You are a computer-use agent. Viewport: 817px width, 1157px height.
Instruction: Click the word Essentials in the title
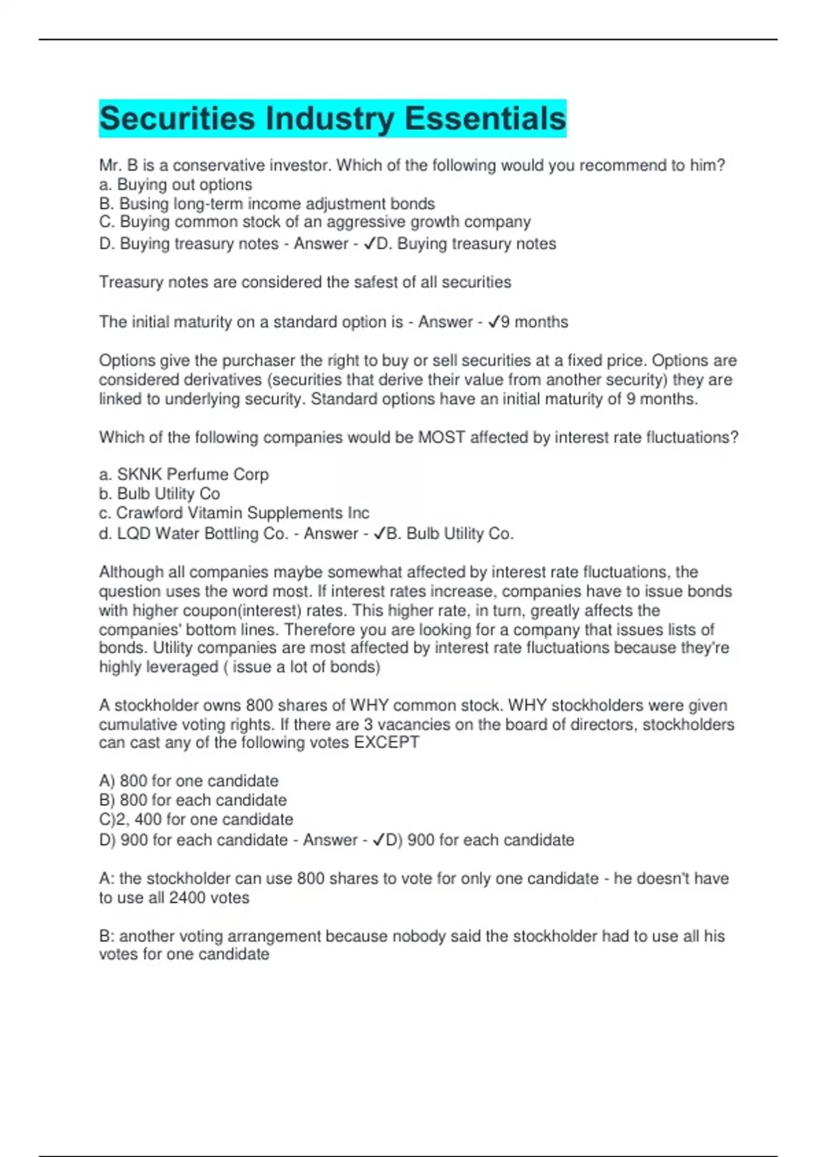(485, 119)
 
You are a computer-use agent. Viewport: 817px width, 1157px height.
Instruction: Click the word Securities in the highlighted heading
(177, 119)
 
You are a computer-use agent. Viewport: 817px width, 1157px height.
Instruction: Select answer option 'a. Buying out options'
(176, 184)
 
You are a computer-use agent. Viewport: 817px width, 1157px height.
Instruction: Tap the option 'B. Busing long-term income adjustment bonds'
(267, 203)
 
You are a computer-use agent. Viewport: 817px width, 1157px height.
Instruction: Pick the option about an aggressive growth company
(315, 222)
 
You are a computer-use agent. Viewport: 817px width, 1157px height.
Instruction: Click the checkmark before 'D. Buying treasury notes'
(369, 244)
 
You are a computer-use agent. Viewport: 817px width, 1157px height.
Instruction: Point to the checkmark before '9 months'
(494, 322)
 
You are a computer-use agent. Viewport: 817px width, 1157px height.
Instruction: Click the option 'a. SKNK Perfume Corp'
(184, 474)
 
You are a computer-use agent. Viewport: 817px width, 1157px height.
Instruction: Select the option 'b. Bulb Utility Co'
(159, 493)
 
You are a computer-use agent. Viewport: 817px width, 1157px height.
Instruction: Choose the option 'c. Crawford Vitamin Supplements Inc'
(234, 512)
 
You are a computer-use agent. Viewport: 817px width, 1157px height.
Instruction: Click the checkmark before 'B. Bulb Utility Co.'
(379, 534)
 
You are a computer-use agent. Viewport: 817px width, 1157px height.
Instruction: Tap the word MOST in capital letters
(442, 437)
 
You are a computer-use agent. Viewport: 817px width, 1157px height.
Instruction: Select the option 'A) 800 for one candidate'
(189, 781)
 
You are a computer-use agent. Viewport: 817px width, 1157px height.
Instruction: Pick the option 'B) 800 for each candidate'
(193, 800)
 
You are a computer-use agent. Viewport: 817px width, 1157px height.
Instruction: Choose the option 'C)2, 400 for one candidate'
(196, 819)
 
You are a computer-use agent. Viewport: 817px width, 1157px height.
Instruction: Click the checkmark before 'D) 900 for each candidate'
(379, 840)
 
